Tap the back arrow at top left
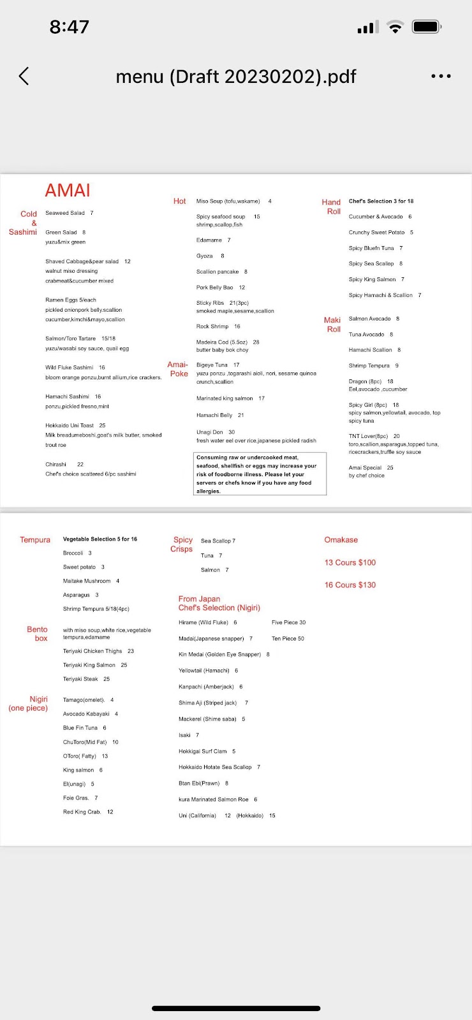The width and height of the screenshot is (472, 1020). click(24, 76)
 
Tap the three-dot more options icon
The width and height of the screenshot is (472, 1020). click(441, 76)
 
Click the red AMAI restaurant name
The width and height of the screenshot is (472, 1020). click(68, 190)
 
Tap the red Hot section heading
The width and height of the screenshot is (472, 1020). click(180, 201)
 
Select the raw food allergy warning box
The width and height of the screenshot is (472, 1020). click(260, 474)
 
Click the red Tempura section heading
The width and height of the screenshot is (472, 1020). click(35, 540)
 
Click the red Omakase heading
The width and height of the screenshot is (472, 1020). click(341, 540)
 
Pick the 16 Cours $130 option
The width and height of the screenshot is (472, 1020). click(350, 585)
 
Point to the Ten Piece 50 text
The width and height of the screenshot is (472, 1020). click(288, 638)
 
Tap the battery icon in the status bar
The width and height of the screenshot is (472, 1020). click(426, 27)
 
